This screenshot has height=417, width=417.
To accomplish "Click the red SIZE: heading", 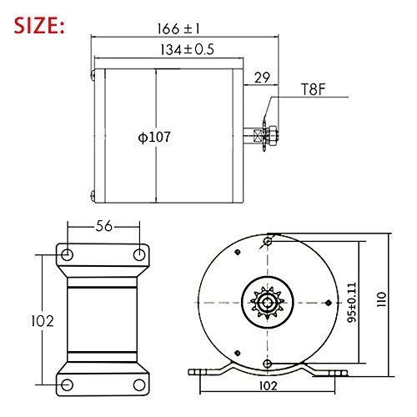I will click(x=38, y=25).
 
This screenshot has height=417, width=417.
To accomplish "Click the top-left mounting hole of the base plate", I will click(x=68, y=253).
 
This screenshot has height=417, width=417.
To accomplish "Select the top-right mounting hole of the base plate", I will click(x=138, y=253).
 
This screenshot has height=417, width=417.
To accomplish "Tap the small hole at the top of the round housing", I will click(x=267, y=243).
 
